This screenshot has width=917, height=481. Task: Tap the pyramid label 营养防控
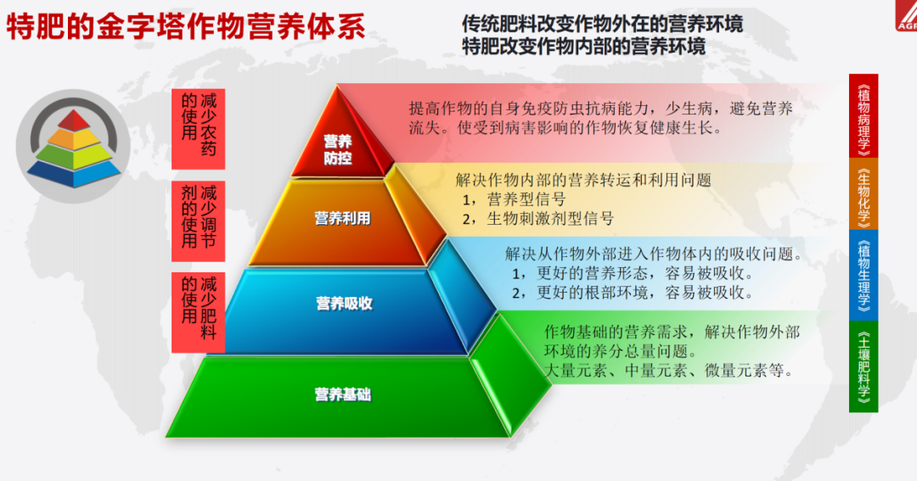click(x=337, y=149)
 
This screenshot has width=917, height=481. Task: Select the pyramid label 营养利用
click(x=343, y=218)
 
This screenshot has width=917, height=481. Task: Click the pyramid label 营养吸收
click(x=344, y=303)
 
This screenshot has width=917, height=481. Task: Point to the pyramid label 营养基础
click(x=343, y=394)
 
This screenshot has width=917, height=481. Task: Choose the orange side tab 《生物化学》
click(x=864, y=194)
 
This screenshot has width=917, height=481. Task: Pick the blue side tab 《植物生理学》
click(x=864, y=275)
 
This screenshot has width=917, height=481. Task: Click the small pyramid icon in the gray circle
click(x=74, y=147)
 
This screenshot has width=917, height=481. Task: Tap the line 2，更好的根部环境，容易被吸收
click(x=633, y=293)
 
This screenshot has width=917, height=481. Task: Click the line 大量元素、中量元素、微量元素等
click(x=668, y=370)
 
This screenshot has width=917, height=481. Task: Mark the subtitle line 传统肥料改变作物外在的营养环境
click(x=602, y=24)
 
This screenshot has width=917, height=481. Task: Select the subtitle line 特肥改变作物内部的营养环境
click(x=583, y=46)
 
